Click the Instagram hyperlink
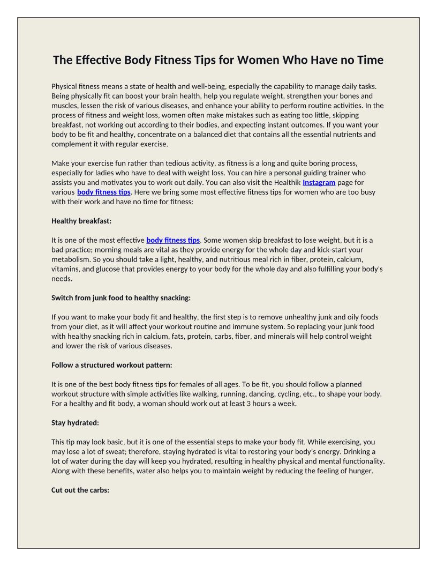point(319,182)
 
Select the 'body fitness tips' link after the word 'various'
point(104,192)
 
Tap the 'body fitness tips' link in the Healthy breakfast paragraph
point(173,240)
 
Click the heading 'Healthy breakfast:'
point(81,221)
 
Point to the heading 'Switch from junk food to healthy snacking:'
point(121,297)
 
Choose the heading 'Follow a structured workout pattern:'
point(112,365)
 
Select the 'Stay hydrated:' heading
point(75,423)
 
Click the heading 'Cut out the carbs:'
point(80,490)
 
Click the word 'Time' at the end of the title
point(370,60)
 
